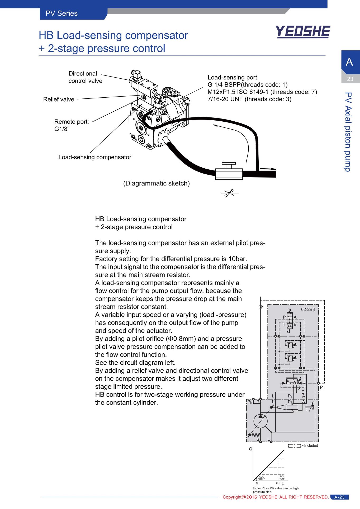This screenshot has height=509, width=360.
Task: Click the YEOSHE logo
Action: [x=303, y=32]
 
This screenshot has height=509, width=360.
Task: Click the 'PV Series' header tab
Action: [x=61, y=13]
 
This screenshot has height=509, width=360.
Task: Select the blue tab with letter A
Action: [x=350, y=62]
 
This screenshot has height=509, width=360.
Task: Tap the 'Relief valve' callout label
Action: [x=59, y=99]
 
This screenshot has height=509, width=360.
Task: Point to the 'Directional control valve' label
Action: [x=85, y=77]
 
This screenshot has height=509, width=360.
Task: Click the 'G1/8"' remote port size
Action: [x=62, y=129]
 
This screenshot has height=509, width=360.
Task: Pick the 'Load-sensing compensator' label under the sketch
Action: [x=95, y=157]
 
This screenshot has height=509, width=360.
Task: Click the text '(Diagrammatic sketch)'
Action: [x=157, y=183]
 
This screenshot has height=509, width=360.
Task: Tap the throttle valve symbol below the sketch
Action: [x=229, y=193]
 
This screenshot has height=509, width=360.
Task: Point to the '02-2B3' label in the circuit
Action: [x=308, y=310]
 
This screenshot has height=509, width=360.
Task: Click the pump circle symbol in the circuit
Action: [x=260, y=421]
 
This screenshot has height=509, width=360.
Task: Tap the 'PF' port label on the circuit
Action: [x=322, y=388]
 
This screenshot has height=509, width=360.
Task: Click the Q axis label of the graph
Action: [x=250, y=449]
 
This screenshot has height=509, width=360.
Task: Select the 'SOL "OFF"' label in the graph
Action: [x=261, y=478]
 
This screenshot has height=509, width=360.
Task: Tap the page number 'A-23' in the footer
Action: [x=339, y=497]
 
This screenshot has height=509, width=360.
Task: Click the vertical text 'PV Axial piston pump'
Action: [x=348, y=132]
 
